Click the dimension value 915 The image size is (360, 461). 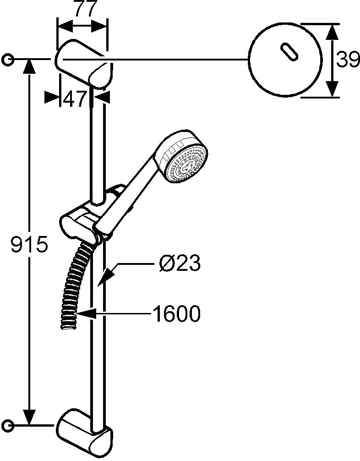(29, 244)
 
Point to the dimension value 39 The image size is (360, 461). (348, 60)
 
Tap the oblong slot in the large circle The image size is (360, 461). (289, 52)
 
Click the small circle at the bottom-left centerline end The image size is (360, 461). (7, 425)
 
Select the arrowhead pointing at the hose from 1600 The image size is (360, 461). (85, 313)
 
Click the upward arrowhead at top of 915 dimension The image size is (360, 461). (29, 66)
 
